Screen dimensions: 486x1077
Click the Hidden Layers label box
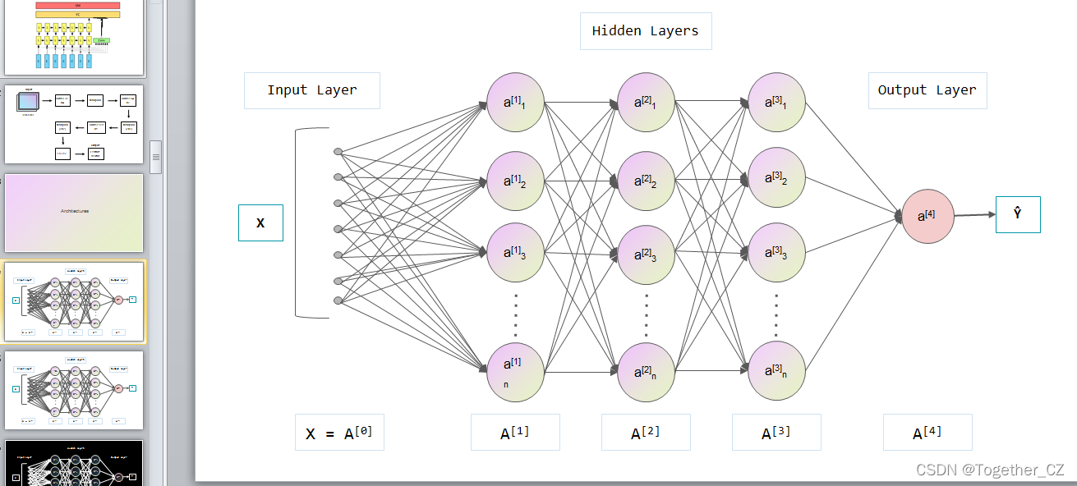pyautogui.click(x=645, y=31)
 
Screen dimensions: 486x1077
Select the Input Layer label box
pyautogui.click(x=312, y=90)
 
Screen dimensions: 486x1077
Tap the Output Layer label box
pyautogui.click(x=927, y=90)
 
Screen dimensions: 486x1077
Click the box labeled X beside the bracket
pyautogui.click(x=260, y=222)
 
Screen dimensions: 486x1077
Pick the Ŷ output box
pyautogui.click(x=1017, y=213)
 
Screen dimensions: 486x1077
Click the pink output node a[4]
pyautogui.click(x=928, y=216)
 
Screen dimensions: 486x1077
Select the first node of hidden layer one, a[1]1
pyautogui.click(x=515, y=103)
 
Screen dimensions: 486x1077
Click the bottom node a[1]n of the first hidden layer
pyautogui.click(x=515, y=372)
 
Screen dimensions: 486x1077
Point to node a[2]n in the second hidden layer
pyautogui.click(x=646, y=372)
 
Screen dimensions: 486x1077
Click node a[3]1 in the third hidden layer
pyautogui.click(x=776, y=103)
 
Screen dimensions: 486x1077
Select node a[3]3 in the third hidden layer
pyautogui.click(x=776, y=252)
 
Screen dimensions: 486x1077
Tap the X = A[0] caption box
pyautogui.click(x=339, y=433)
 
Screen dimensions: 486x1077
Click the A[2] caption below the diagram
pyautogui.click(x=646, y=433)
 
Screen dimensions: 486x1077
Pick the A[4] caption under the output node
pyautogui.click(x=927, y=433)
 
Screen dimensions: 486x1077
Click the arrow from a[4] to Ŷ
pyautogui.click(x=974, y=215)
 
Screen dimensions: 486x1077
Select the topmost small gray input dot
pyautogui.click(x=338, y=152)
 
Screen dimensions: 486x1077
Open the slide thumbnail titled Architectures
pyautogui.click(x=74, y=212)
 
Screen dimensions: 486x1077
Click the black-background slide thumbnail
pyautogui.click(x=74, y=464)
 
